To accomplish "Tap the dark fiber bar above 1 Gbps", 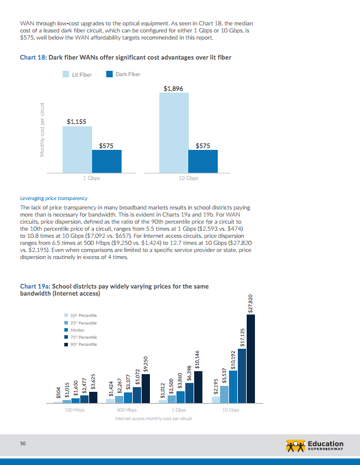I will pos(107,160).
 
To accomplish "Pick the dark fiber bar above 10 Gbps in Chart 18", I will pos(202,160).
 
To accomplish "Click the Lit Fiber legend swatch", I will pos(67,74).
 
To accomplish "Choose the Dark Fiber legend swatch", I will pos(110,74).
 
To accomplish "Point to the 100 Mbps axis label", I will pos(76,410).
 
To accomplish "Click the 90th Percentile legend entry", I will pos(83,344).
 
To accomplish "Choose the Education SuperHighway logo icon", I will pos(294,444).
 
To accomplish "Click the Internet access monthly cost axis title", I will pos(154,417).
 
